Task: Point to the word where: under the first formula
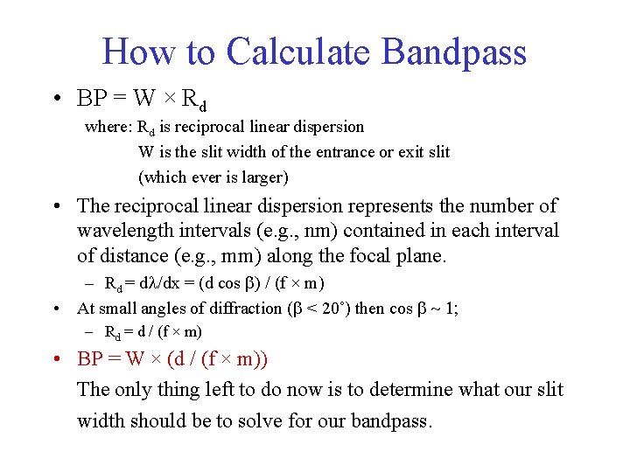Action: coord(108,128)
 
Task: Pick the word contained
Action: coord(400,232)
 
